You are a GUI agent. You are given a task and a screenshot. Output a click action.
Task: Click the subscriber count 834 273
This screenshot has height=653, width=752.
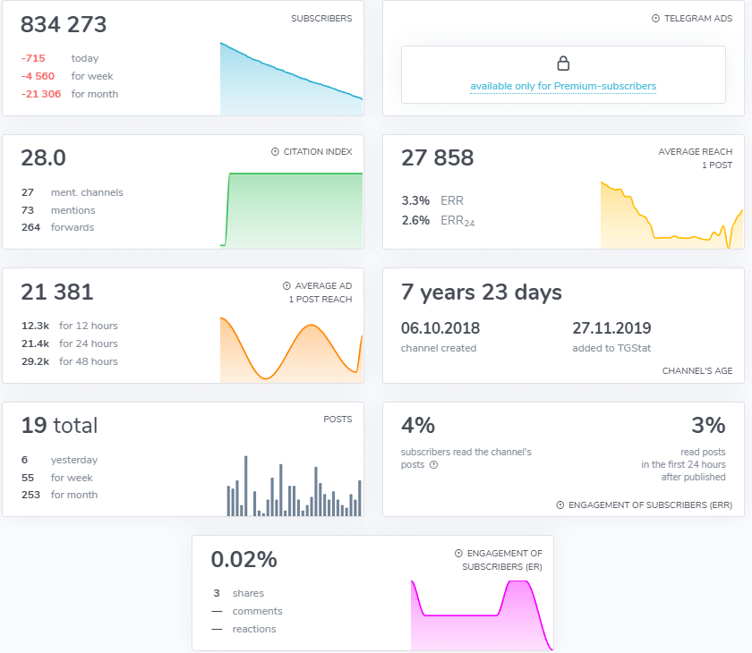coord(64,25)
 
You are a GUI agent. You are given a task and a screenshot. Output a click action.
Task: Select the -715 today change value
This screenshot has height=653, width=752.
coord(34,58)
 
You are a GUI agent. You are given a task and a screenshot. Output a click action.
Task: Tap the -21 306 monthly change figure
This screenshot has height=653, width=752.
coord(41,94)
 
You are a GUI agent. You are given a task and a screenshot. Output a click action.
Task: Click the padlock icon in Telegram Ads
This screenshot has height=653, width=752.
coord(563,64)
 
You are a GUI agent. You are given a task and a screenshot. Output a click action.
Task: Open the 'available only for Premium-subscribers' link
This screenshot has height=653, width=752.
coord(563,87)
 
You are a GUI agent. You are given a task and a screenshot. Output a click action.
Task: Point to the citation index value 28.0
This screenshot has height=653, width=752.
coord(43,158)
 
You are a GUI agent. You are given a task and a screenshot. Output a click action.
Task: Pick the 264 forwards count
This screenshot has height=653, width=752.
coord(30,227)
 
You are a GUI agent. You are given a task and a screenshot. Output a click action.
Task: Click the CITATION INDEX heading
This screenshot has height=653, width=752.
coord(317,152)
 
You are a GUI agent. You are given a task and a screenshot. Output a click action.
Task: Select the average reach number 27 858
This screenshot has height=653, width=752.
coord(437,158)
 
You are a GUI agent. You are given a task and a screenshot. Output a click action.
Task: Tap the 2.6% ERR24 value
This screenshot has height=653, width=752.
coord(415,220)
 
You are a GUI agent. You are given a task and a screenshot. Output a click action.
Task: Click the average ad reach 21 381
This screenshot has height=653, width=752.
coord(57,292)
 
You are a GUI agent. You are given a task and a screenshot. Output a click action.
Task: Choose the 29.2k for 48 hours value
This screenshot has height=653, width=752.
coord(36,361)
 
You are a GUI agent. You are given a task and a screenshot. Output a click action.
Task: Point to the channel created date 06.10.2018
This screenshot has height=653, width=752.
coord(439,328)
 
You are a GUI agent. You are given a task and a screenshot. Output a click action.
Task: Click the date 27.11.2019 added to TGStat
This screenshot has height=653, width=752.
coord(611,328)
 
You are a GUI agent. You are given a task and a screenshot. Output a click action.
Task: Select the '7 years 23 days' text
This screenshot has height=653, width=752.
coord(482,293)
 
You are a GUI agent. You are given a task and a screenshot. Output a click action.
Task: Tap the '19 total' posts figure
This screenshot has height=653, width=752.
coord(59,426)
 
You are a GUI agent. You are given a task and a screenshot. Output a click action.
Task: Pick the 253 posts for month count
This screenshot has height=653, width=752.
coord(30,495)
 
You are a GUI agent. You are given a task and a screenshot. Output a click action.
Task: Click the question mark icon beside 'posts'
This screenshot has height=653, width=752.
coord(433,465)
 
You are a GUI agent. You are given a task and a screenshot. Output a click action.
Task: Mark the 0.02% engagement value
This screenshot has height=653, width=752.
coord(244,560)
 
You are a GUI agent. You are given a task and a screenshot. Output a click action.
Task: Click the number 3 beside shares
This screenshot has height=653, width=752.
coord(216,593)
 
